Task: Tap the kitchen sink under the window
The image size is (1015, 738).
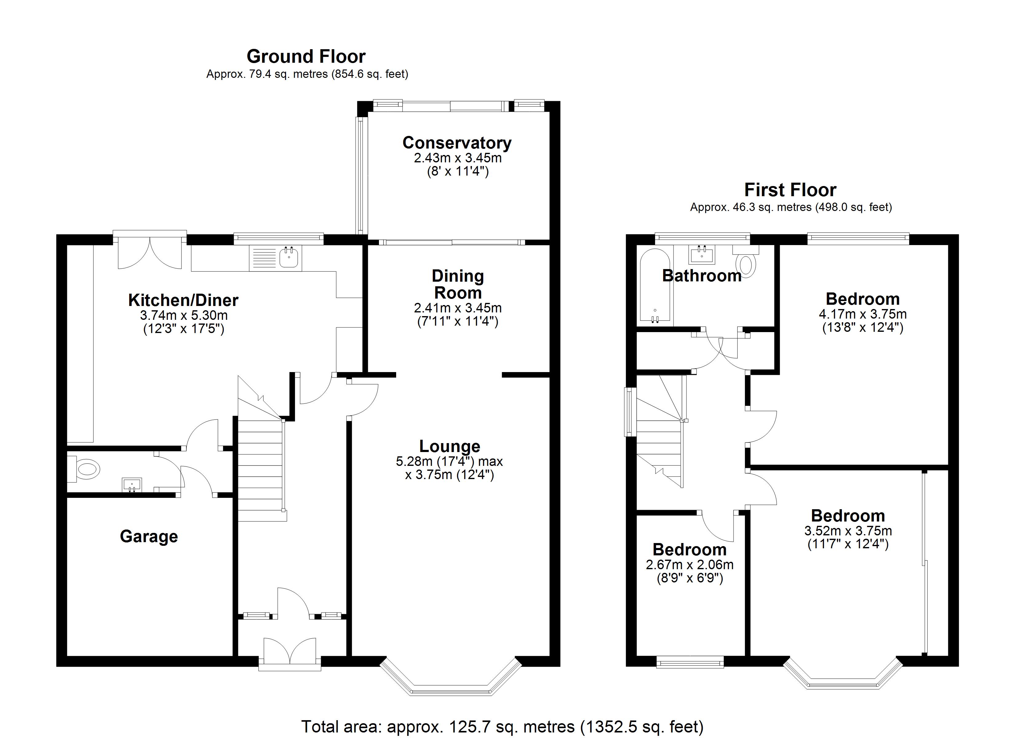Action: [x=289, y=258]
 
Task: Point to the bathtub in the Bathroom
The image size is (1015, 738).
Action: [x=655, y=286]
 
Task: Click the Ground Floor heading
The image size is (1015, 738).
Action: [x=306, y=56]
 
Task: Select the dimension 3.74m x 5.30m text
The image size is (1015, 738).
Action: [x=184, y=315]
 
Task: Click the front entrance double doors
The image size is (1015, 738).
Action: [x=290, y=653]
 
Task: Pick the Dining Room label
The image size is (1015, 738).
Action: [x=458, y=285]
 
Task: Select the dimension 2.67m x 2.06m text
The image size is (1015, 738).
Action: [x=690, y=565]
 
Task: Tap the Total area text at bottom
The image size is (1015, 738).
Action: [x=502, y=726]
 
